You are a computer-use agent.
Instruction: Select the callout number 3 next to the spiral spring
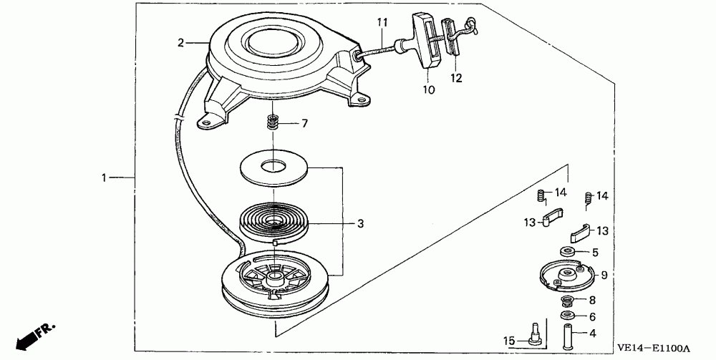tap(360, 223)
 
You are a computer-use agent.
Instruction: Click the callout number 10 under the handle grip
tap(429, 90)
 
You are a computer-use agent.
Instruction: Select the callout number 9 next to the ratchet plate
tap(604, 273)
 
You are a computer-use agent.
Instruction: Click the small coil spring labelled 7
tap(273, 122)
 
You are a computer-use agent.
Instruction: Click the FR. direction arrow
tap(32, 335)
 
